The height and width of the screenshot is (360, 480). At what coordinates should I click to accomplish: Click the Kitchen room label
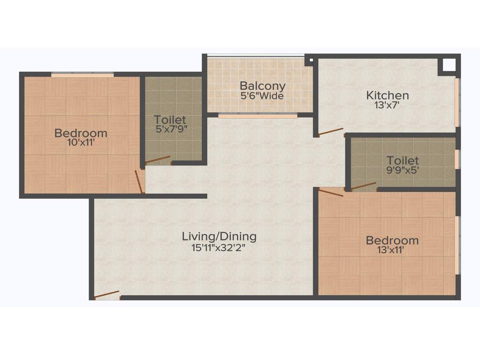coord(387,96)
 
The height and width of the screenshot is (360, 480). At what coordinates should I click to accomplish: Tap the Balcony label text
coord(262,86)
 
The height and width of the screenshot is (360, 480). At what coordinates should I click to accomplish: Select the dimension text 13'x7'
coord(387,105)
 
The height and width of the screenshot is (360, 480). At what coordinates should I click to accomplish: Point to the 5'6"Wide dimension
coord(262,96)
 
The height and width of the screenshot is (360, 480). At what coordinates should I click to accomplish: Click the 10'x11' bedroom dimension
coord(81,142)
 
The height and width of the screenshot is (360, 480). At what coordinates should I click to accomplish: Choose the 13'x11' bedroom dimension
coord(392,250)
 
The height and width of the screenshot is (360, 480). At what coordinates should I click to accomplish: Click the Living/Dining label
coord(219,236)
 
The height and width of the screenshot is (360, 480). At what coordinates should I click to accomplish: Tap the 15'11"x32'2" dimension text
coord(219,247)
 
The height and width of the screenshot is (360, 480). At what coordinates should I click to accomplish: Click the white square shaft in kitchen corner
coord(449,65)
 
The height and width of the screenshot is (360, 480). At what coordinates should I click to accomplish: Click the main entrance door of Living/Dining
coord(106,295)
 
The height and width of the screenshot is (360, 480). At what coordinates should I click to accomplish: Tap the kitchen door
coord(330,132)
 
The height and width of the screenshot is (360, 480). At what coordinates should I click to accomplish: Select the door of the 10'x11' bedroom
coord(139,182)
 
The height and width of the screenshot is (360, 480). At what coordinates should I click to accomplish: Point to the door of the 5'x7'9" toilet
coord(157,160)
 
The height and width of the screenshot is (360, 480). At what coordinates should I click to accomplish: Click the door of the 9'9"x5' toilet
coord(363,186)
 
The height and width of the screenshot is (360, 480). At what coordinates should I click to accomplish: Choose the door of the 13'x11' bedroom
coord(331,192)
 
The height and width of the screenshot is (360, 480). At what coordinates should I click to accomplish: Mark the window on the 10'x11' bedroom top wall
coord(82,74)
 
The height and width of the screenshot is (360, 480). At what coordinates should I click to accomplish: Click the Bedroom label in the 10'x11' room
coord(81,133)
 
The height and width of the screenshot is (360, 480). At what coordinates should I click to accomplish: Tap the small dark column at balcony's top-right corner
coord(308,60)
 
